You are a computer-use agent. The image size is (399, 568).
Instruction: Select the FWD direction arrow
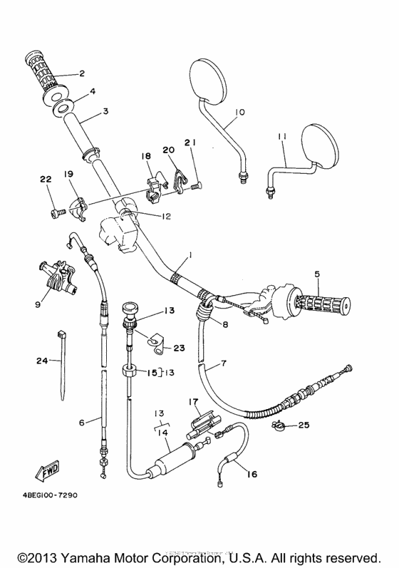click(46, 471)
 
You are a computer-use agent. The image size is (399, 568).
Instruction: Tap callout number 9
click(36, 304)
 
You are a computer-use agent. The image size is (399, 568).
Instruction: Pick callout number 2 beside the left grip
click(81, 73)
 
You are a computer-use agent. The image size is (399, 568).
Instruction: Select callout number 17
click(192, 402)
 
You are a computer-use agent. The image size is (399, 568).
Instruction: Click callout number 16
click(251, 473)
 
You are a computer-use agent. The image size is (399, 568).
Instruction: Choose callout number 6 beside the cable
click(82, 423)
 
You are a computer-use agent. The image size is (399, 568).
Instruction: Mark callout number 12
click(165, 217)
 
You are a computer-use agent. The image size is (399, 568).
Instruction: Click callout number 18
click(145, 156)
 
